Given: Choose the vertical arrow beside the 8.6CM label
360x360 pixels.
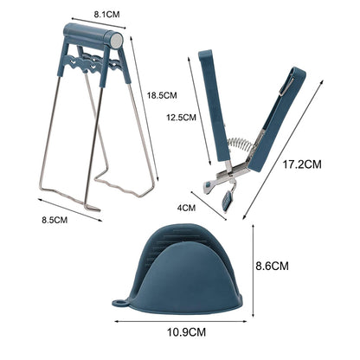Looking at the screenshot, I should (x=252, y=264).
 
